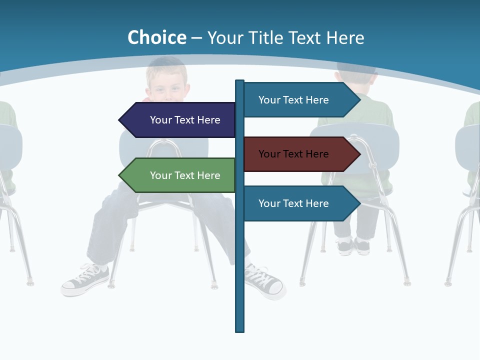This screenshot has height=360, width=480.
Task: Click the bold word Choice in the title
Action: pos(156,37)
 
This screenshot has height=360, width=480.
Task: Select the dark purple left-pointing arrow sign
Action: pos(180,120)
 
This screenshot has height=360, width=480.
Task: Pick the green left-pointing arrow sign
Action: pos(180,175)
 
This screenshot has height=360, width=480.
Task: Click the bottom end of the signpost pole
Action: pos(240,330)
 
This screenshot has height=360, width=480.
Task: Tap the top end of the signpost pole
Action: pos(240,81)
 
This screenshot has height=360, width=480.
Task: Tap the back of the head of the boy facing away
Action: pos(356,75)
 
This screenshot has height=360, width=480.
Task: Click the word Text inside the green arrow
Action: pos(185,175)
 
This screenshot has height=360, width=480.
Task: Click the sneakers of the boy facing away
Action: pos(353,245)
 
